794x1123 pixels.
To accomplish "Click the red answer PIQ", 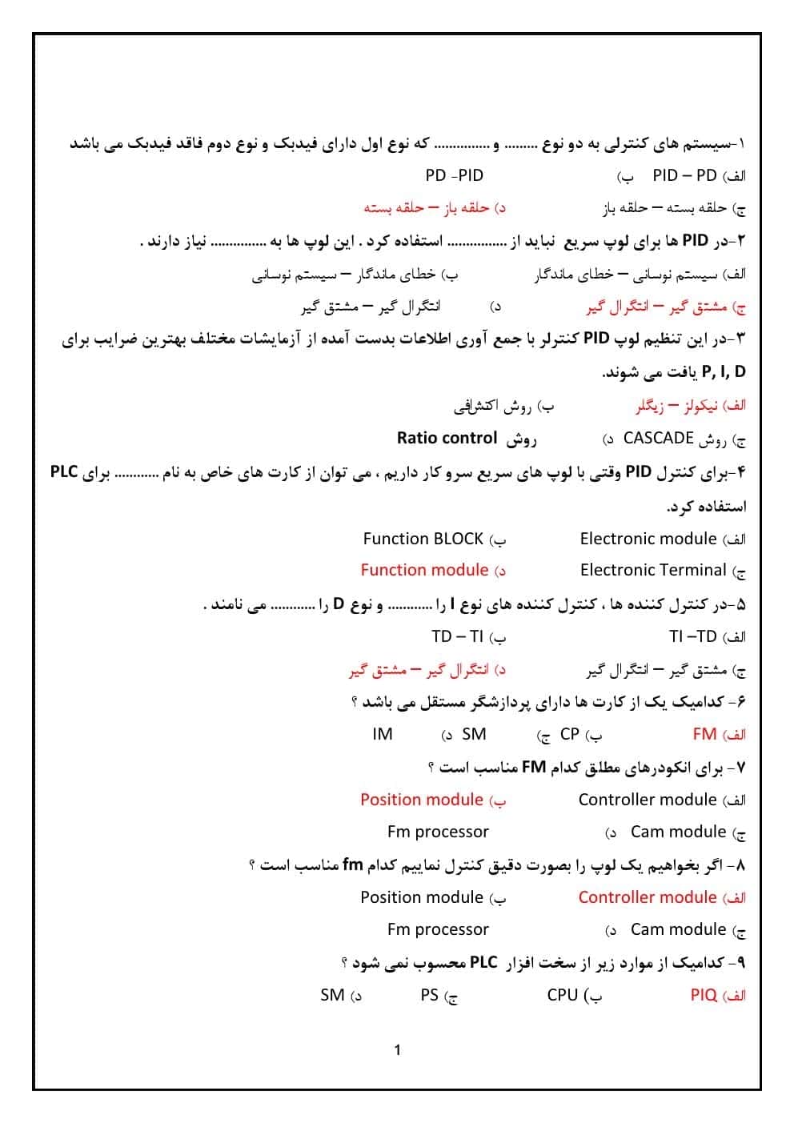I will [x=704, y=995].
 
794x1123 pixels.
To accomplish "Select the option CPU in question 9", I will [x=562, y=995].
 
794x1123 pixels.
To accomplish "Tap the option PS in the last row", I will [x=429, y=995].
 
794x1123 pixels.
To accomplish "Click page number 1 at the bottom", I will [x=398, y=1050].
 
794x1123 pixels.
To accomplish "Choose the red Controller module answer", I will [x=647, y=897].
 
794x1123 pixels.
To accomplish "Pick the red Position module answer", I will [x=421, y=800].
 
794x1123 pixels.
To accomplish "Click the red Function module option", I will [x=424, y=570].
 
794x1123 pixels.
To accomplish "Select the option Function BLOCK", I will [x=423, y=539].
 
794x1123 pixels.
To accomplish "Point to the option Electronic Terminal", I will [x=652, y=570].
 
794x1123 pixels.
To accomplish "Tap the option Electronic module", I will [x=648, y=539].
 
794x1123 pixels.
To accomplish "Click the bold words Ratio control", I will [x=447, y=438].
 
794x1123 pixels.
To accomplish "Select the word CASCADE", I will [x=658, y=438].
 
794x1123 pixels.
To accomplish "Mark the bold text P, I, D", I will [x=723, y=371].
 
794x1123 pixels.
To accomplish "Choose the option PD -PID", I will [x=454, y=175].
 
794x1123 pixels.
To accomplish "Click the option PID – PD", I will [x=684, y=175].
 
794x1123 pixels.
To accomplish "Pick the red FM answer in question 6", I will [x=704, y=734].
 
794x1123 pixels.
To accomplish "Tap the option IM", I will [x=383, y=734].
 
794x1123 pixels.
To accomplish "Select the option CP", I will [x=569, y=734].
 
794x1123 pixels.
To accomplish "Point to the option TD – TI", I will [x=457, y=636].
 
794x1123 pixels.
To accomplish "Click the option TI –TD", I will [x=692, y=636].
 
